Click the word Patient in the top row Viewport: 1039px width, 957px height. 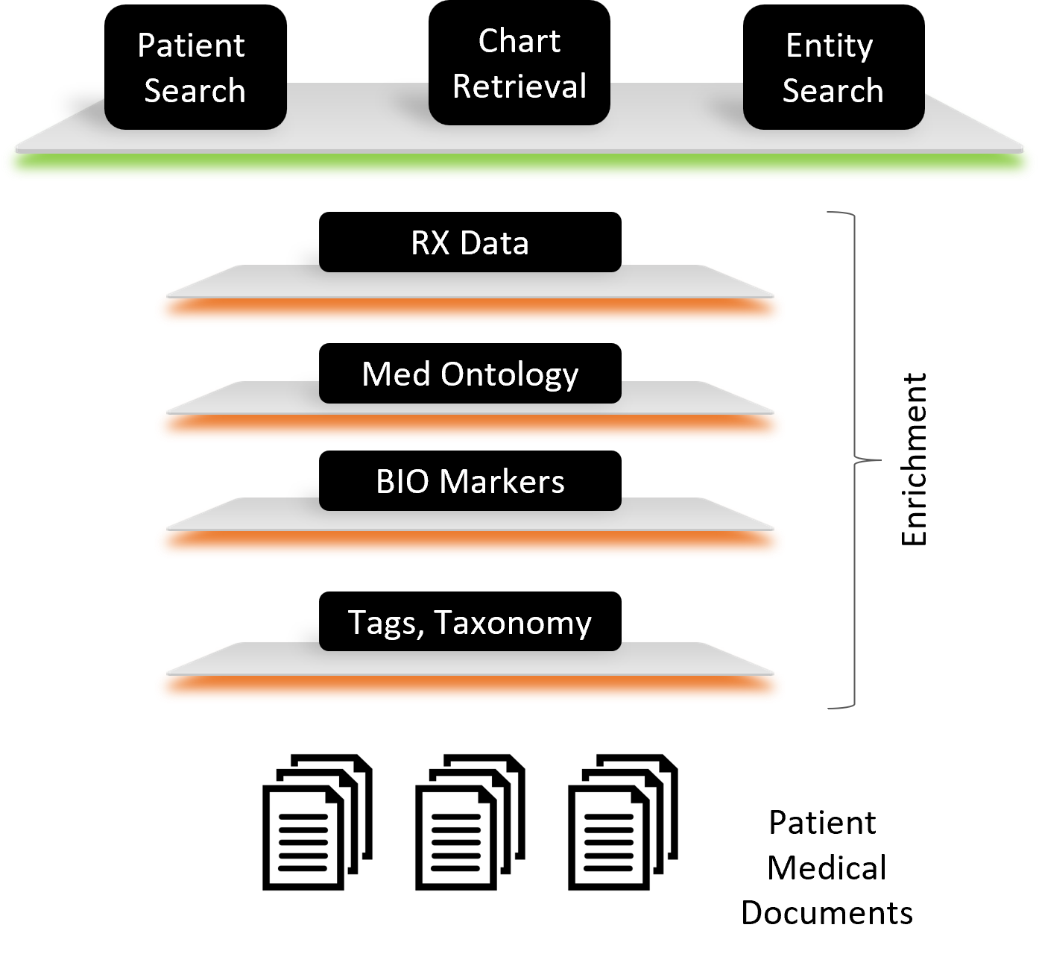(x=191, y=46)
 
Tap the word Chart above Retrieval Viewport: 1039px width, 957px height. (x=519, y=42)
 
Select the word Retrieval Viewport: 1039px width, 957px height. (x=519, y=87)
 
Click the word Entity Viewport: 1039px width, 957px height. (x=829, y=47)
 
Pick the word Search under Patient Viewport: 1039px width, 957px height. (x=195, y=91)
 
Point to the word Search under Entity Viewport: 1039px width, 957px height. (x=833, y=91)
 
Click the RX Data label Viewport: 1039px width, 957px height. (x=470, y=244)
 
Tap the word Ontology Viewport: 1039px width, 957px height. (x=509, y=375)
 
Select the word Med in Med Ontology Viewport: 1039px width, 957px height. (x=396, y=374)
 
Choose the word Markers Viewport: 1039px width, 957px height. (x=502, y=482)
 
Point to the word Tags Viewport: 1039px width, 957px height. (x=385, y=624)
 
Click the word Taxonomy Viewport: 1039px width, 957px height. (x=513, y=624)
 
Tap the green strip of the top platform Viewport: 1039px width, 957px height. (x=519, y=167)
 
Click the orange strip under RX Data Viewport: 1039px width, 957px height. (x=470, y=310)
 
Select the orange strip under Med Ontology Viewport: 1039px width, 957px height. (x=470, y=427)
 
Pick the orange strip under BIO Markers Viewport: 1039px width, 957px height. (x=470, y=543)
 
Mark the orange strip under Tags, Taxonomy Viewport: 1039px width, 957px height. (x=470, y=687)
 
